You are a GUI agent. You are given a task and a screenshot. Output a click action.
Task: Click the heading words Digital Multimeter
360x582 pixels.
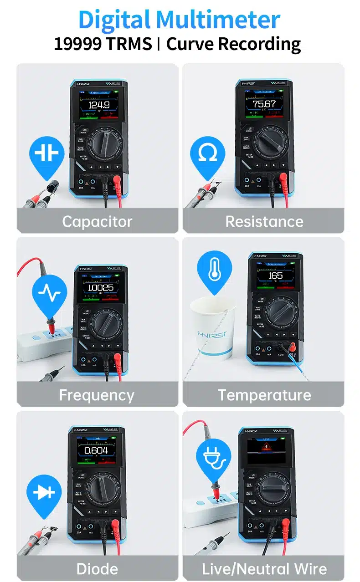pos(179,20)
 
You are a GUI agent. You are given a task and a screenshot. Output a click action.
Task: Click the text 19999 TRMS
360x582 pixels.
pos(103,44)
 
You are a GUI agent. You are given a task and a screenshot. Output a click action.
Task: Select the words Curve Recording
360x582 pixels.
pos(233,44)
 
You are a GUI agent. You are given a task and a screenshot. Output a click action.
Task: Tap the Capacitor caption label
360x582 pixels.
pos(97,221)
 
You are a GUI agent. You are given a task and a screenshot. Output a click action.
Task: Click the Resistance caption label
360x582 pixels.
pos(264,221)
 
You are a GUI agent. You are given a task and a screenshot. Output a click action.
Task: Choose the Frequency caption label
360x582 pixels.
pos(97,395)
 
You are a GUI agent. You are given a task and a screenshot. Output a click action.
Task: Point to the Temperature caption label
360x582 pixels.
pos(264,395)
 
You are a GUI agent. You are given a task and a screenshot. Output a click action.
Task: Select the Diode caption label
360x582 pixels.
pos(97,568)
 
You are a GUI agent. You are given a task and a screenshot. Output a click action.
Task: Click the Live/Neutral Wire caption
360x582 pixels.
pos(264,568)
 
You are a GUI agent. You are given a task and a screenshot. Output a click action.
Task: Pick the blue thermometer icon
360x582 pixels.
pos(214,270)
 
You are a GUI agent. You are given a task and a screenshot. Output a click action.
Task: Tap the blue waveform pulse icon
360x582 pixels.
pos(49,292)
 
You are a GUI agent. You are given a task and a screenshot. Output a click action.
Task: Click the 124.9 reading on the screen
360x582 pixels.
pos(98,105)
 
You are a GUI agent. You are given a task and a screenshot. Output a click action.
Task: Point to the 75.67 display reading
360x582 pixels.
pos(264,104)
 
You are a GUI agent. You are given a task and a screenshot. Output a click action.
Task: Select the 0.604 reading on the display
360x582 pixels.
pos(96,450)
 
